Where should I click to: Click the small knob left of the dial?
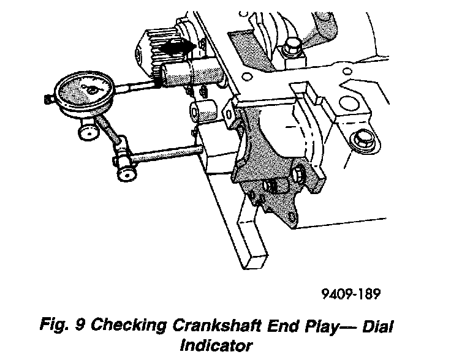(x=48, y=97)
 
